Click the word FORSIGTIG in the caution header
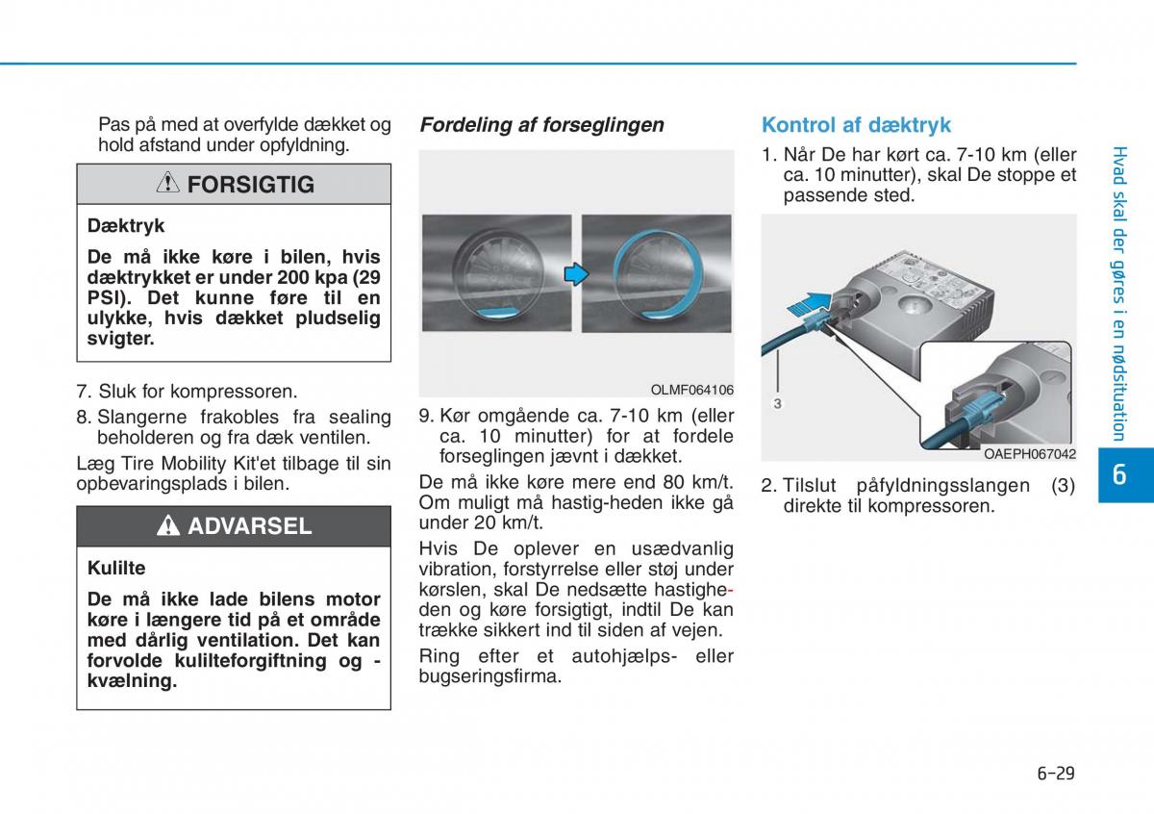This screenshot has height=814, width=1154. coord(250,185)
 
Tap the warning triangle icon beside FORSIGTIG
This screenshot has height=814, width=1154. coord(168,183)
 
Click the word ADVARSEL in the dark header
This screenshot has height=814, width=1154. coord(250,525)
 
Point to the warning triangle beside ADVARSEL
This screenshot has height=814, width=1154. coord(168,525)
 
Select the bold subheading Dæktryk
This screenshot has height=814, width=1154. coord(126,226)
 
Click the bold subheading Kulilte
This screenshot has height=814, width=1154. coord(116,568)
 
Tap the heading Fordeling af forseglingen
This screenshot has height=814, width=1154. coord(541,125)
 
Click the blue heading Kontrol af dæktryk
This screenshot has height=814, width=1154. coord(856,125)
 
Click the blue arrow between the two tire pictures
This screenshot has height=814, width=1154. coord(576,274)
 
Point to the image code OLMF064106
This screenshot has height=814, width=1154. coord(691,390)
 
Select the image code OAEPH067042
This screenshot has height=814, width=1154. coord(1030,454)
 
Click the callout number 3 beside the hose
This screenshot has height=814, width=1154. coord(777,404)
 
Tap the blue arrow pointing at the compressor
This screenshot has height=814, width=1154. coord(809,304)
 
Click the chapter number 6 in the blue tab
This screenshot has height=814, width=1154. coord(1119,474)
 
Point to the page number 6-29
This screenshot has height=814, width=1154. coord(1056,774)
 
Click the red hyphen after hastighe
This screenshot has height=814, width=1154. coord(730,589)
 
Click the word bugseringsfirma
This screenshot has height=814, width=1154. coord(489,676)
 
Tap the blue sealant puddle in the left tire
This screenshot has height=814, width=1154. coord(496,313)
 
